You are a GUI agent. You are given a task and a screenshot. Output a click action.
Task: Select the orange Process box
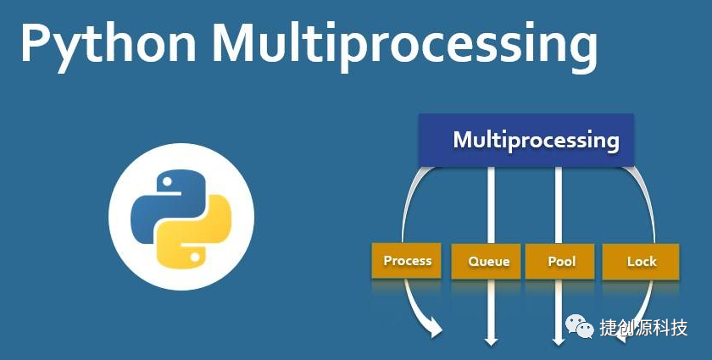point(407,261)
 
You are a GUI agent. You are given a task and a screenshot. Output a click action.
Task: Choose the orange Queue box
point(489,262)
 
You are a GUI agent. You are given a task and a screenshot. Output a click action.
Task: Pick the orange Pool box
point(559,262)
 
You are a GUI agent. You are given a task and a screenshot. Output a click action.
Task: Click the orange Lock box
point(641,262)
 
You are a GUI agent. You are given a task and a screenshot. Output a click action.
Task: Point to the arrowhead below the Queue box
point(490,341)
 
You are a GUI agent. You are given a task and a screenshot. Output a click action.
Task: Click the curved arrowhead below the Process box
point(436,329)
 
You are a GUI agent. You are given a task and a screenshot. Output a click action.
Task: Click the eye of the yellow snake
point(196,254)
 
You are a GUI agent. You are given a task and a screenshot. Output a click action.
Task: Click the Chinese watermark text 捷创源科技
point(644,329)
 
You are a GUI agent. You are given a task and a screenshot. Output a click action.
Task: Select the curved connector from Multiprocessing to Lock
point(649,199)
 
